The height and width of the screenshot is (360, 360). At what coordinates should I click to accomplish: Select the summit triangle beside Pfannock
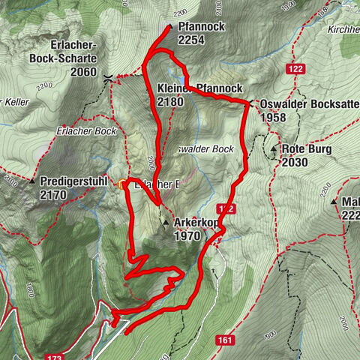pyautogui.click(x=170, y=27)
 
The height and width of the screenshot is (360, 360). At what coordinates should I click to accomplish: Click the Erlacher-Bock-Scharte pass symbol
pyautogui.click(x=109, y=77)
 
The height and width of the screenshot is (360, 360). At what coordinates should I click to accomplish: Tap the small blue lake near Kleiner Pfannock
pyautogui.click(x=183, y=78)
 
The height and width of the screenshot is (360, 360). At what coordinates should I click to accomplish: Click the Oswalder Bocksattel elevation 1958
pyautogui.click(x=273, y=118)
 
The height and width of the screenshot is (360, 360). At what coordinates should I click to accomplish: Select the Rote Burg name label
pyautogui.click(x=307, y=148)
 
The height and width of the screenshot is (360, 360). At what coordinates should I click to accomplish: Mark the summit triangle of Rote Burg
pyautogui.click(x=274, y=148)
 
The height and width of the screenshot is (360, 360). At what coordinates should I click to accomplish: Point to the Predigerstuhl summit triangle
pyautogui.click(x=32, y=181)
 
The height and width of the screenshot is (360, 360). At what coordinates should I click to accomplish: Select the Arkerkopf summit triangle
pyautogui.click(x=165, y=223)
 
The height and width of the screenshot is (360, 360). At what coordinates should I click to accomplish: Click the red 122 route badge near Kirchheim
pyautogui.click(x=295, y=69)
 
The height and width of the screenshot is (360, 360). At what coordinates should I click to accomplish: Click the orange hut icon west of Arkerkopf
pyautogui.click(x=121, y=182)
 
